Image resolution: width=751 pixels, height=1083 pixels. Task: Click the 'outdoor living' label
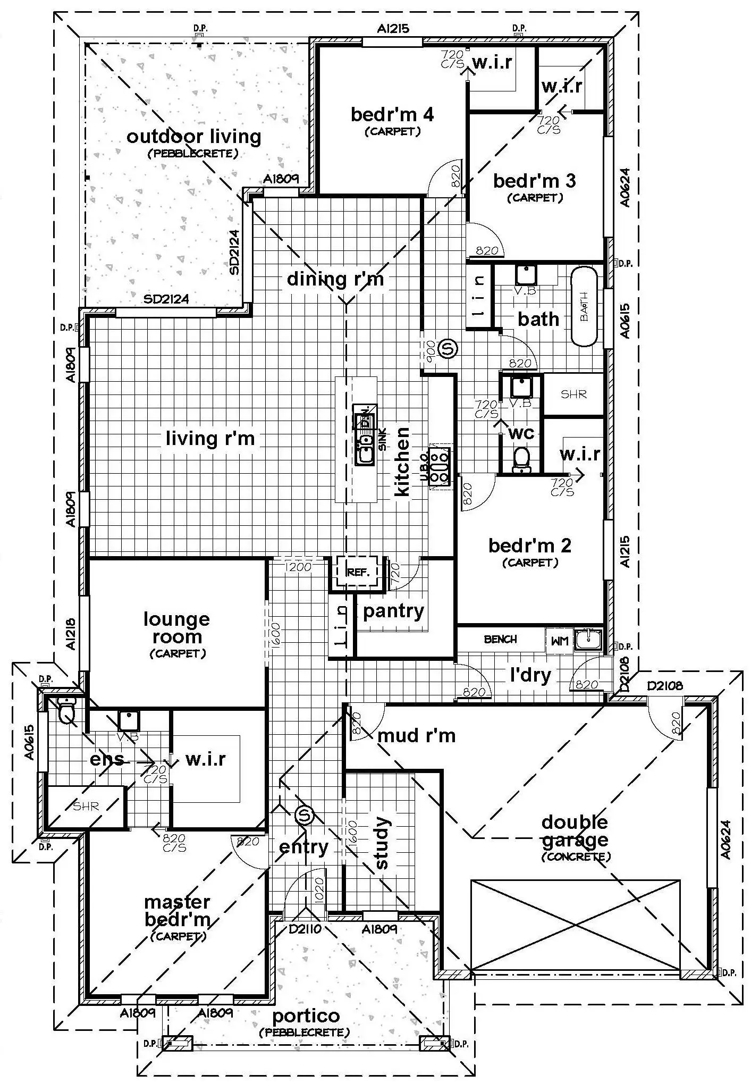pos(193,137)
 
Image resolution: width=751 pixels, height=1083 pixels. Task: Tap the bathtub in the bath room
pos(584,306)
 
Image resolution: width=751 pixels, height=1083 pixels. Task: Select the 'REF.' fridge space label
pos(358,573)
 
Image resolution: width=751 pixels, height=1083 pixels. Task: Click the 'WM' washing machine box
pos(560,641)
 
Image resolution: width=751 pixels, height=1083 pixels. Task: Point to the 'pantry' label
pos(393,611)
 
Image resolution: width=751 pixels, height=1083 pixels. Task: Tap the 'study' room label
pos(382,843)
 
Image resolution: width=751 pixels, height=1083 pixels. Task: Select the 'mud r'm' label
pos(416,736)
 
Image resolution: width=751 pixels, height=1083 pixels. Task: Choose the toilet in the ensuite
pos(66,711)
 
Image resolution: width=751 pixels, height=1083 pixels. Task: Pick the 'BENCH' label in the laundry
pos(500,640)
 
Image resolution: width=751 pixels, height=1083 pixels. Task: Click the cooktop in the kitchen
pos(440,466)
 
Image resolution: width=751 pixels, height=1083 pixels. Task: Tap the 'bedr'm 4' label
pos(392,114)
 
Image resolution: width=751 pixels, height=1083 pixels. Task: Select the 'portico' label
pos(306,1016)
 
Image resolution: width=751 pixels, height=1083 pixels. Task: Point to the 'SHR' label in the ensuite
pos(86,807)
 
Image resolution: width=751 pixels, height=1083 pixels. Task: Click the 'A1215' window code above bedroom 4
pos(393,29)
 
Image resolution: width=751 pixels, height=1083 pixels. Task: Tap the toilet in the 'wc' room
pos(521,459)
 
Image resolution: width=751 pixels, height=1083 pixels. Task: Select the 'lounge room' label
pos(177,628)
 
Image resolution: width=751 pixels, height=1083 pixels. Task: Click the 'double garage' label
pos(575,831)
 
